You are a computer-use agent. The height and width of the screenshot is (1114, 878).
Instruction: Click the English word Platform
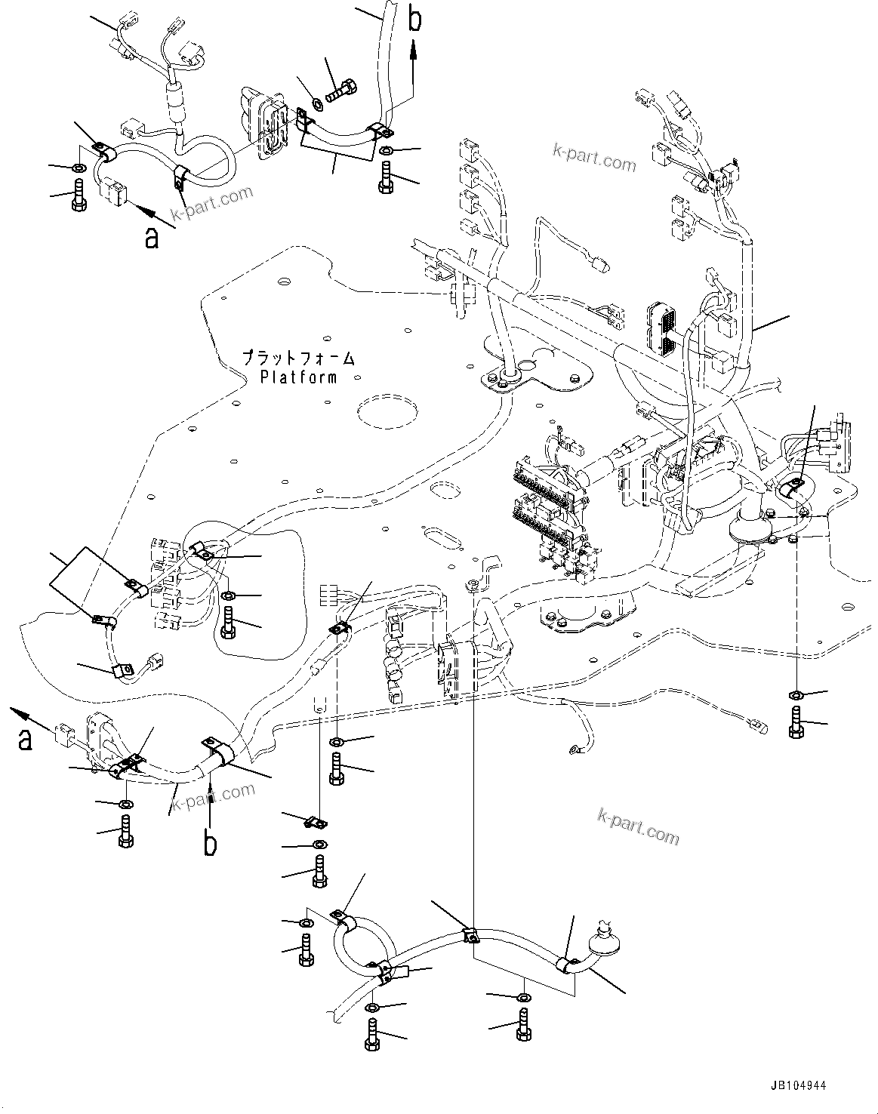coord(298,377)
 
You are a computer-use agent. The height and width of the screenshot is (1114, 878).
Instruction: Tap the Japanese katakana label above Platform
coord(298,357)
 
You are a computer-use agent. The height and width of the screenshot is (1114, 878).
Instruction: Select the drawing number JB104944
coord(799,1085)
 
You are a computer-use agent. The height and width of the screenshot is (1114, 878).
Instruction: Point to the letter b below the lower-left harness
coord(211,842)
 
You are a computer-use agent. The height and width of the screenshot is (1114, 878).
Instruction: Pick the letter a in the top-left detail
coord(152,238)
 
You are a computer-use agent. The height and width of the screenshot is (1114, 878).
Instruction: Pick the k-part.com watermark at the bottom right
coord(638,825)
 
